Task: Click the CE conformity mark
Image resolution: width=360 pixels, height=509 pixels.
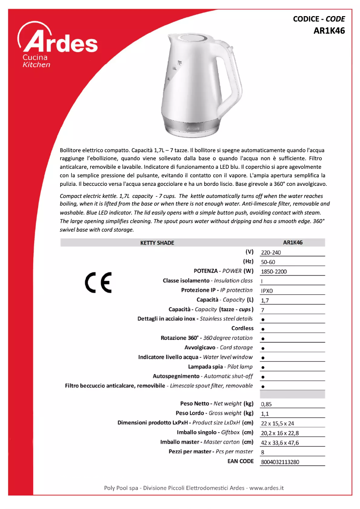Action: (x=98, y=282)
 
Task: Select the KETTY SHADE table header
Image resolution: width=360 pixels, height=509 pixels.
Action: (x=157, y=243)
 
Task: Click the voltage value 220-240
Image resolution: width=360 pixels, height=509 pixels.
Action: (x=271, y=253)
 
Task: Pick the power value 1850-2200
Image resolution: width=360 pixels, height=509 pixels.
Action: (x=273, y=272)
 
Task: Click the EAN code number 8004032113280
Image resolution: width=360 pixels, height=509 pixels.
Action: (x=280, y=462)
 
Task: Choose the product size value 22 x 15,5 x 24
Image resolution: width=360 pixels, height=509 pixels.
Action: (x=277, y=423)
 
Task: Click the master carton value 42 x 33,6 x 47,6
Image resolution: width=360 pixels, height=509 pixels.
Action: (x=280, y=443)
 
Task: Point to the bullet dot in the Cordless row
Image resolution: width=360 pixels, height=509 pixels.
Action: (x=263, y=329)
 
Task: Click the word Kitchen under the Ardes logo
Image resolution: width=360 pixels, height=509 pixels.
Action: (x=36, y=65)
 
